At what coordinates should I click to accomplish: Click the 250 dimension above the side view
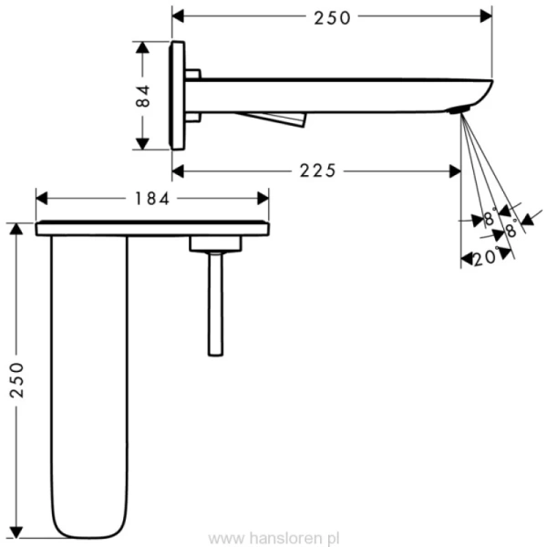coord(332,16)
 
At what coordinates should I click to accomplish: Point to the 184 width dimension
coord(152,197)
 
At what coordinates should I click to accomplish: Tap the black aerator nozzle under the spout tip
coord(459,111)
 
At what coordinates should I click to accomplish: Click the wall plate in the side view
coord(178,95)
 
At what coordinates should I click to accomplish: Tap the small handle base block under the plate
coord(215,243)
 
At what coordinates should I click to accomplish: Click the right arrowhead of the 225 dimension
coord(455,170)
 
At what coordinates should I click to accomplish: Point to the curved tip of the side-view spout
coord(483,90)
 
